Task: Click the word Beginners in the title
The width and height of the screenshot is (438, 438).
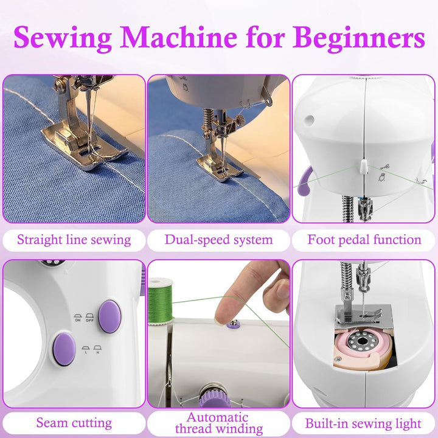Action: pyautogui.click(x=359, y=38)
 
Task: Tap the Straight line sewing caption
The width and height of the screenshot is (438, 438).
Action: pyautogui.click(x=74, y=240)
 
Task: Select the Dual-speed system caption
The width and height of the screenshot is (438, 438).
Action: pyautogui.click(x=218, y=240)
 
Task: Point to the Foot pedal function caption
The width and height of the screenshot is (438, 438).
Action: pyautogui.click(x=364, y=240)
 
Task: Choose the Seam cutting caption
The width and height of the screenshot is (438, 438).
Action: pyautogui.click(x=74, y=423)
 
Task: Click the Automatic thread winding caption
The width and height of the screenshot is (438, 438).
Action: pyautogui.click(x=219, y=423)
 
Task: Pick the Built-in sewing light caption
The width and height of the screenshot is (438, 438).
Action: pyautogui.click(x=363, y=423)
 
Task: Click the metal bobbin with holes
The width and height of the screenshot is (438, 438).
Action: pyautogui.click(x=363, y=341)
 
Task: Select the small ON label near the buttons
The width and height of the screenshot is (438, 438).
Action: pyautogui.click(x=78, y=318)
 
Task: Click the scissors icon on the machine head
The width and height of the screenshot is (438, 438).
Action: pyautogui.click(x=385, y=167)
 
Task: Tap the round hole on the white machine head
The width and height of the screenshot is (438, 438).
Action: pyautogui.click(x=309, y=120)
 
